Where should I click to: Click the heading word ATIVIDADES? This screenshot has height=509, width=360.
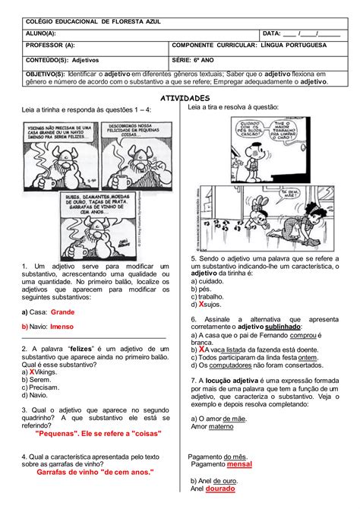[181, 99]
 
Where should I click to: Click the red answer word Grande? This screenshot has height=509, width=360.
[62, 312]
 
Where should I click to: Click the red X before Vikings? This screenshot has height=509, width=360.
[30, 372]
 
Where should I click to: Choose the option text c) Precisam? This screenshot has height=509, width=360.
[41, 387]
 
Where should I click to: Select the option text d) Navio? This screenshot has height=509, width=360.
[36, 395]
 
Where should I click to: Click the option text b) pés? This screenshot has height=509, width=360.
[201, 289]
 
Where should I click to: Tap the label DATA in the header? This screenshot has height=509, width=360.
[272, 33]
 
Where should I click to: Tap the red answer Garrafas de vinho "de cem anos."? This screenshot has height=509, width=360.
[95, 472]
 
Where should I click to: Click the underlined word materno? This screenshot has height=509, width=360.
[223, 427]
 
